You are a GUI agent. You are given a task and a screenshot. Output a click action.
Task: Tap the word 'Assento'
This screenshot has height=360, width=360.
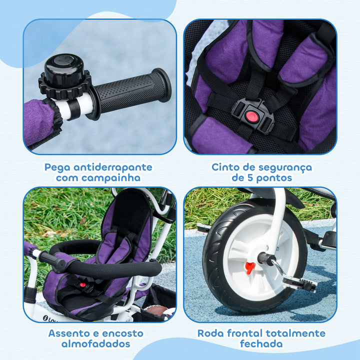(71, 333)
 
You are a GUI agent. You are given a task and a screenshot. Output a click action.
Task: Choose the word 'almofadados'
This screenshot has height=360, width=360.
(96, 344)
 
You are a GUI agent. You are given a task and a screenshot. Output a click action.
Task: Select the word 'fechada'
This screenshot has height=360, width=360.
(261, 344)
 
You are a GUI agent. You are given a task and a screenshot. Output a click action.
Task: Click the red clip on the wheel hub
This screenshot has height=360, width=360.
(249, 267)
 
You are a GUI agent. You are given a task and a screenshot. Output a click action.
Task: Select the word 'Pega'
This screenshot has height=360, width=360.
(57, 167)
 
